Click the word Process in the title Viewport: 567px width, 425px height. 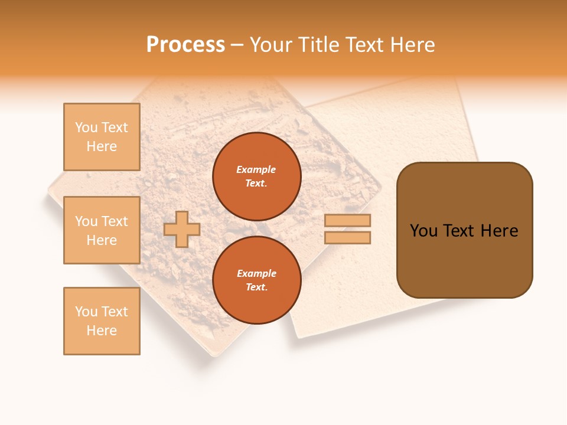[x=185, y=45]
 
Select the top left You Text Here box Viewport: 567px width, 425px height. [x=102, y=137]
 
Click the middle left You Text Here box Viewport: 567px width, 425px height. [x=102, y=230]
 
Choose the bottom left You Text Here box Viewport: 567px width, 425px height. [x=102, y=321]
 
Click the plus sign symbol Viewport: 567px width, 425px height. [x=182, y=229]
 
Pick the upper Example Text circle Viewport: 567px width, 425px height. [x=256, y=176]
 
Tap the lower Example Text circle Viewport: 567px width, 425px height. [x=256, y=280]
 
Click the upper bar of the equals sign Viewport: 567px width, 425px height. [x=347, y=220]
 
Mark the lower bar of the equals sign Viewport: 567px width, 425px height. [x=347, y=237]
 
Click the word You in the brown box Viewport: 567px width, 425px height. [x=423, y=231]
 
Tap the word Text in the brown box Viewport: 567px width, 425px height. [x=460, y=231]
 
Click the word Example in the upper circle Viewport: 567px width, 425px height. [x=256, y=169]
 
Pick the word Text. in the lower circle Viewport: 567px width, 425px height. [x=256, y=287]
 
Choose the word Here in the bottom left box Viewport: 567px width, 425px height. [x=102, y=331]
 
